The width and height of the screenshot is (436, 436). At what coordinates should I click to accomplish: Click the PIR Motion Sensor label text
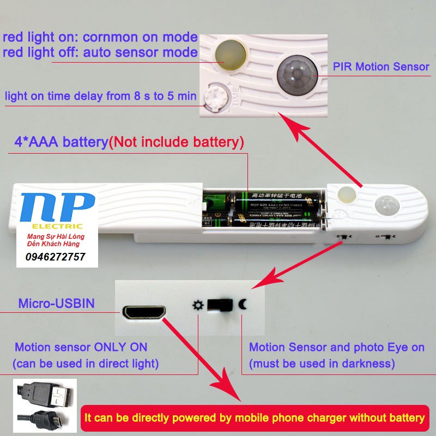pos(381,67)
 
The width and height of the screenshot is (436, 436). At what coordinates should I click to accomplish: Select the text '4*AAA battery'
pos(61,143)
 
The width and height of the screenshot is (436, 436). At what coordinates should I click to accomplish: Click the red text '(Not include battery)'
pos(176,143)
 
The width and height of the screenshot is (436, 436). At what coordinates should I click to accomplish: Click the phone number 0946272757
pos(55,257)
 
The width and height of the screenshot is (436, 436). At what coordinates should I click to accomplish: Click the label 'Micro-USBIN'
pos(56,304)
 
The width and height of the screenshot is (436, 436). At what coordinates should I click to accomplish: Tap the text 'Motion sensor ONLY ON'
pos(81,347)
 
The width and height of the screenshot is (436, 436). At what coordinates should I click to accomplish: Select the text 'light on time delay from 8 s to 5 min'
pos(100,96)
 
